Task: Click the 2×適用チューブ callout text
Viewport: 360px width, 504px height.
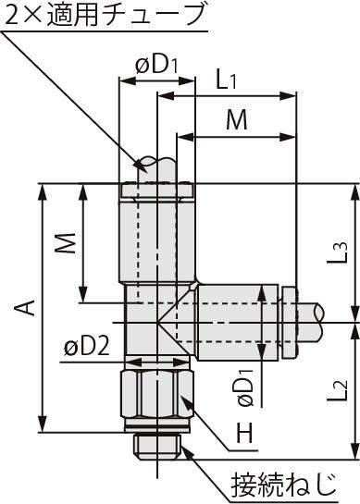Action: pyautogui.click(x=105, y=14)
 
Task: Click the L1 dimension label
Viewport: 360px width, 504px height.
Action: pyautogui.click(x=226, y=80)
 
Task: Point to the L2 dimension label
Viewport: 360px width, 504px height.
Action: pyautogui.click(x=338, y=390)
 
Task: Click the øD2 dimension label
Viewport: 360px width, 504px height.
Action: pyautogui.click(x=87, y=347)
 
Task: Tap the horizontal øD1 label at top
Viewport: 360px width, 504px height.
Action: pyautogui.click(x=156, y=65)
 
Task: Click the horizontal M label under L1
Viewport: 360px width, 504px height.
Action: pyautogui.click(x=237, y=119)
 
